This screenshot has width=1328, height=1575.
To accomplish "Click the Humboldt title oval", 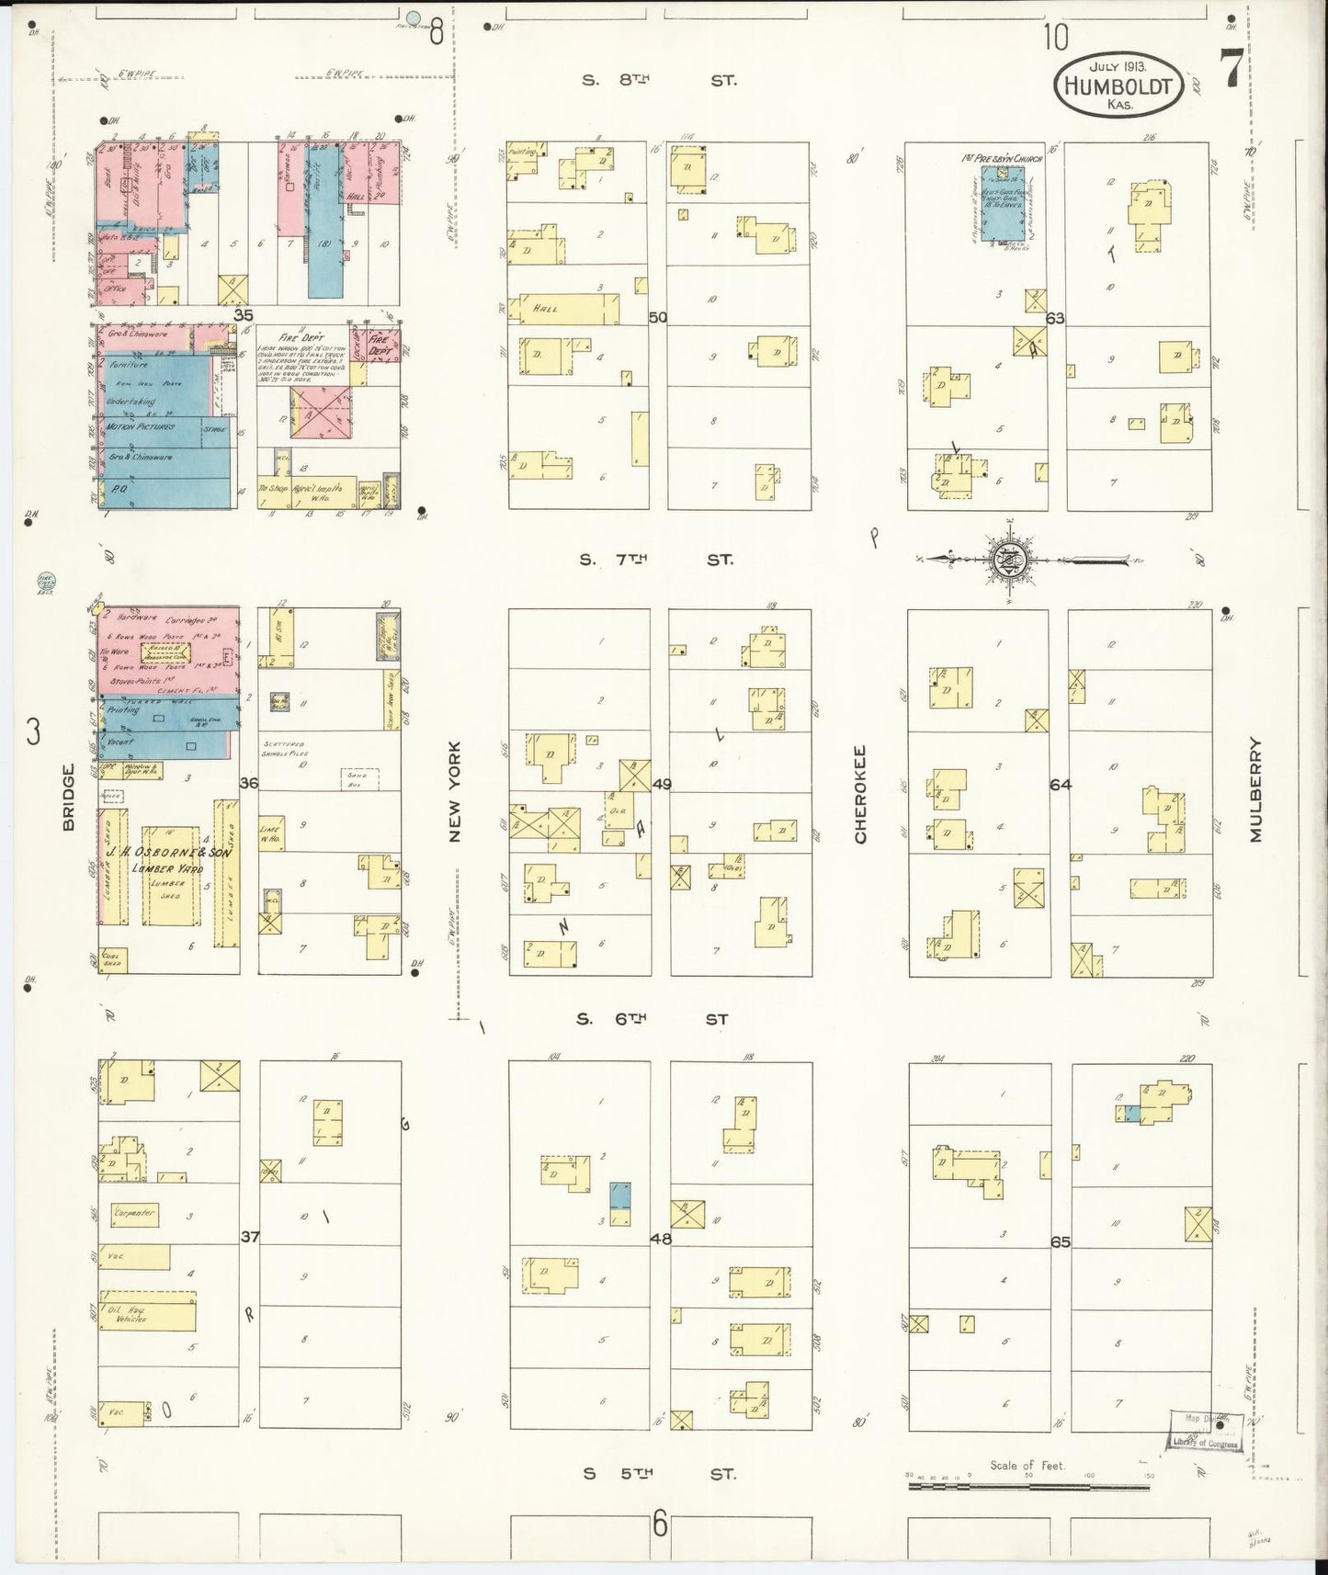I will [x=1118, y=85].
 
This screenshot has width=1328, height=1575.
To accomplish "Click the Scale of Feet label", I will [x=1027, y=1465].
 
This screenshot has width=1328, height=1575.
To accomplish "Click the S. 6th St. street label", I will [x=653, y=1019].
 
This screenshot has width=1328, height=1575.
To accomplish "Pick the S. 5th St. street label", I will [x=659, y=1473].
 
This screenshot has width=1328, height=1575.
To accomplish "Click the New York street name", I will [x=456, y=792].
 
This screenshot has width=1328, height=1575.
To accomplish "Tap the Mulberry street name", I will [x=1256, y=790].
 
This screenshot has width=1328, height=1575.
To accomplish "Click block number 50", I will [x=658, y=318].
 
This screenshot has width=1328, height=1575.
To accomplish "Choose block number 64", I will [x=1060, y=784].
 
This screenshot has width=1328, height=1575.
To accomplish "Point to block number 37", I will [x=249, y=1237].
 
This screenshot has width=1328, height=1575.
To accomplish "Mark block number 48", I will [x=660, y=1238].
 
